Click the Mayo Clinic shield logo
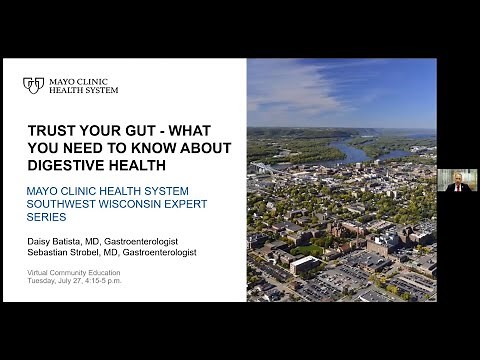click(x=33, y=85)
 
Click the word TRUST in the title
click(x=52, y=130)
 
